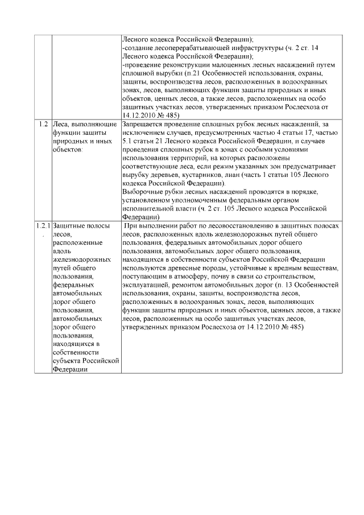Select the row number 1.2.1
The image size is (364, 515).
[x=43, y=226]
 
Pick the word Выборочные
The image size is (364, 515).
[x=142, y=192]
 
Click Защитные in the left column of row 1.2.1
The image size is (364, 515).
[x=67, y=226]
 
